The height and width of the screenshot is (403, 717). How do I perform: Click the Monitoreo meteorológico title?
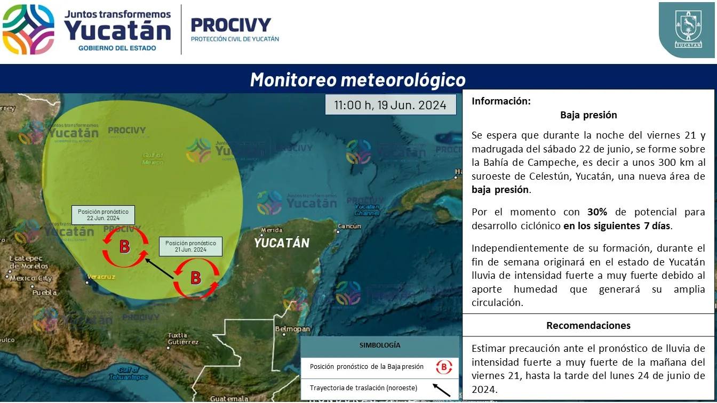click(358, 80)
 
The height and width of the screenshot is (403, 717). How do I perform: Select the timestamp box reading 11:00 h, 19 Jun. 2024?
click(391, 104)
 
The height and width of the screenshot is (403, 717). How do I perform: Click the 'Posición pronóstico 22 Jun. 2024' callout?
click(103, 215)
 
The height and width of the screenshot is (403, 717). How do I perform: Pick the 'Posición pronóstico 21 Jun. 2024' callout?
click(190, 246)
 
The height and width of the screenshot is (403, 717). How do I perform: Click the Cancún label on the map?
click(349, 226)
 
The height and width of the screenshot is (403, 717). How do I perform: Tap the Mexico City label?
click(31, 278)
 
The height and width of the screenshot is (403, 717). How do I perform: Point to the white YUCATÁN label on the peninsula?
click(282, 243)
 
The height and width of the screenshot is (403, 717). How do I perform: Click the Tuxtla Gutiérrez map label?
click(182, 338)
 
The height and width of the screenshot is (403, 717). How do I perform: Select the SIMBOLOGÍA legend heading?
click(380, 345)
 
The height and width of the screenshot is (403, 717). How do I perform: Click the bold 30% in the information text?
click(597, 212)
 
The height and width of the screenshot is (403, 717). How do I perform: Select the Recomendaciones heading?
click(588, 325)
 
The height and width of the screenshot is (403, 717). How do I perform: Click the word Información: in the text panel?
click(501, 101)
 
